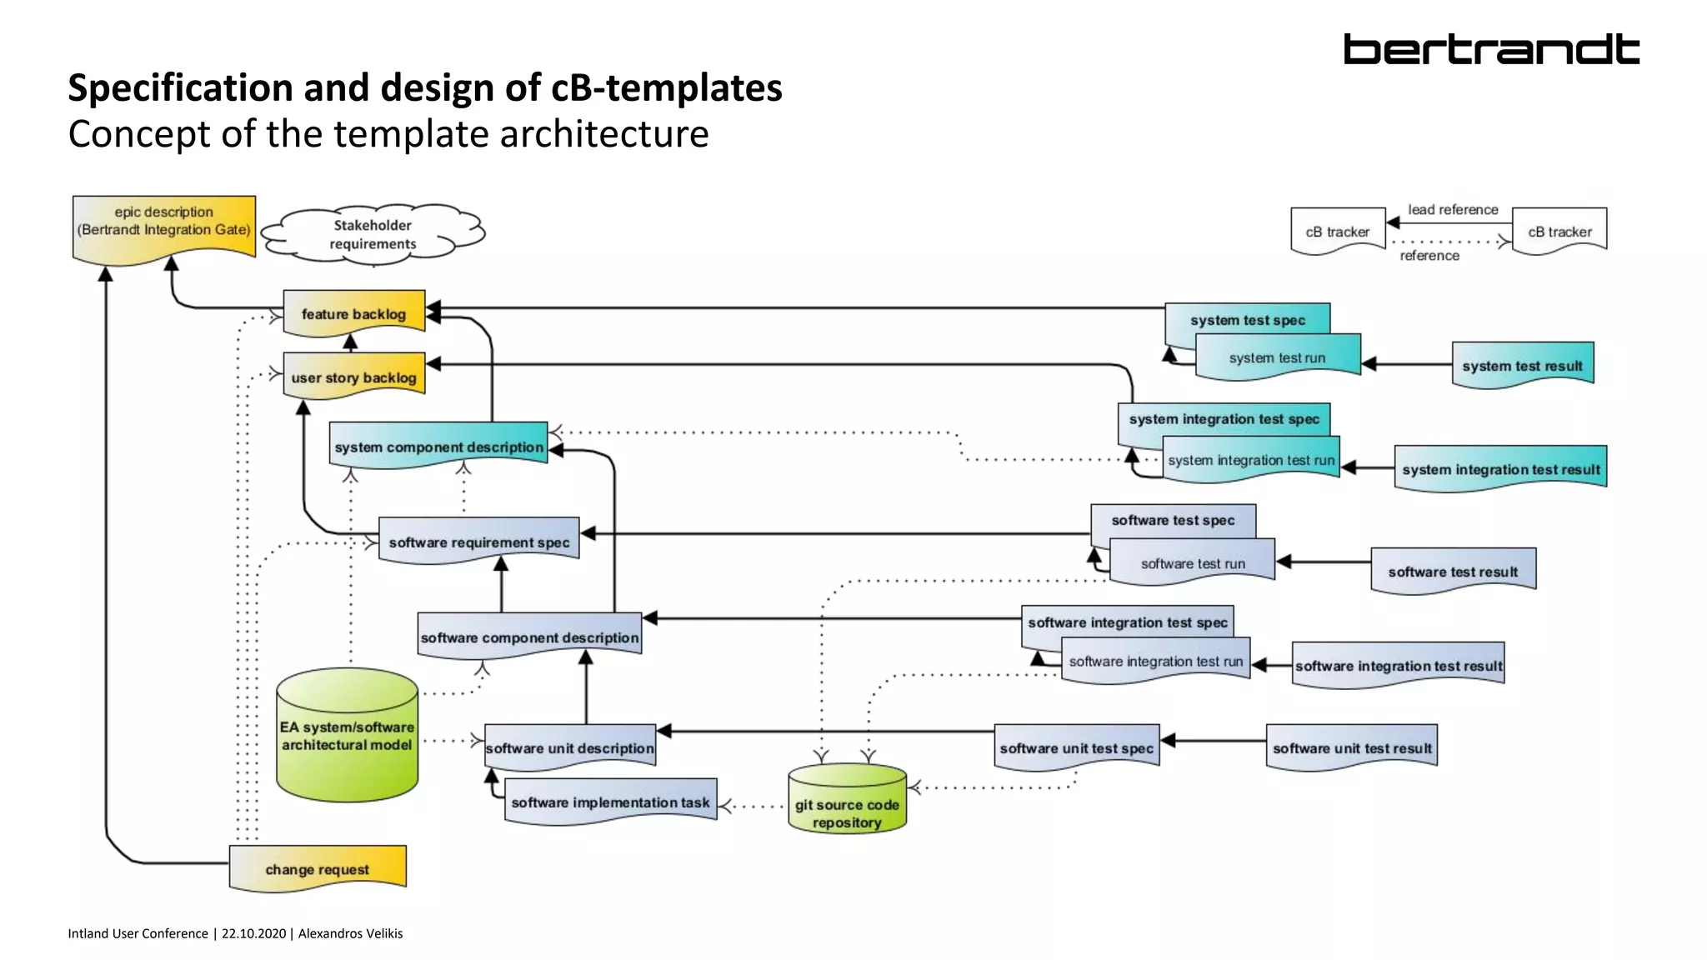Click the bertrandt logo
pos(1490,50)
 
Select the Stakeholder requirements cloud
pos(373,234)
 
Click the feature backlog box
pos(353,313)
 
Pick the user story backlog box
pos(353,377)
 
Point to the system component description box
pos(438,447)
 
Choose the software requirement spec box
pos(478,542)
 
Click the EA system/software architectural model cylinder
pos(347,736)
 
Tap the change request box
pos(317,868)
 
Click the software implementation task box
pos(610,802)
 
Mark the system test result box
pos(1522,365)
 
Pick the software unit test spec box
pos(1076,747)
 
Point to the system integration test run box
pos(1250,460)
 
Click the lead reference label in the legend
pos(1453,209)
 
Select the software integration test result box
pos(1398,665)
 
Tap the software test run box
pos(1193,563)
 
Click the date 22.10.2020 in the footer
pos(253,933)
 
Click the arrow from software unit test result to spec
pos(1213,740)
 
